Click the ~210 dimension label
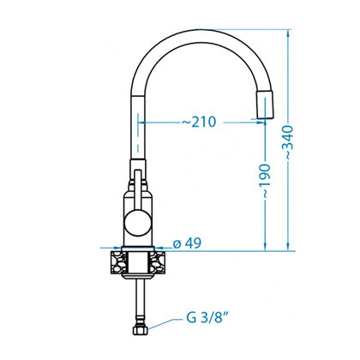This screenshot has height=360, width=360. tap(199, 122)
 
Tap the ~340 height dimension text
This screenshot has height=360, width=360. tap(288, 142)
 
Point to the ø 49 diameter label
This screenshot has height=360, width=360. tap(187, 243)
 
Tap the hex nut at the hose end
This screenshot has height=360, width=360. tap(140, 331)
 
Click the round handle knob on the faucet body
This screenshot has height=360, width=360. tap(138, 223)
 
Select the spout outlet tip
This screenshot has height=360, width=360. tap(266, 105)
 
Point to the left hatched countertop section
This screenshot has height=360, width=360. tap(119, 261)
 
